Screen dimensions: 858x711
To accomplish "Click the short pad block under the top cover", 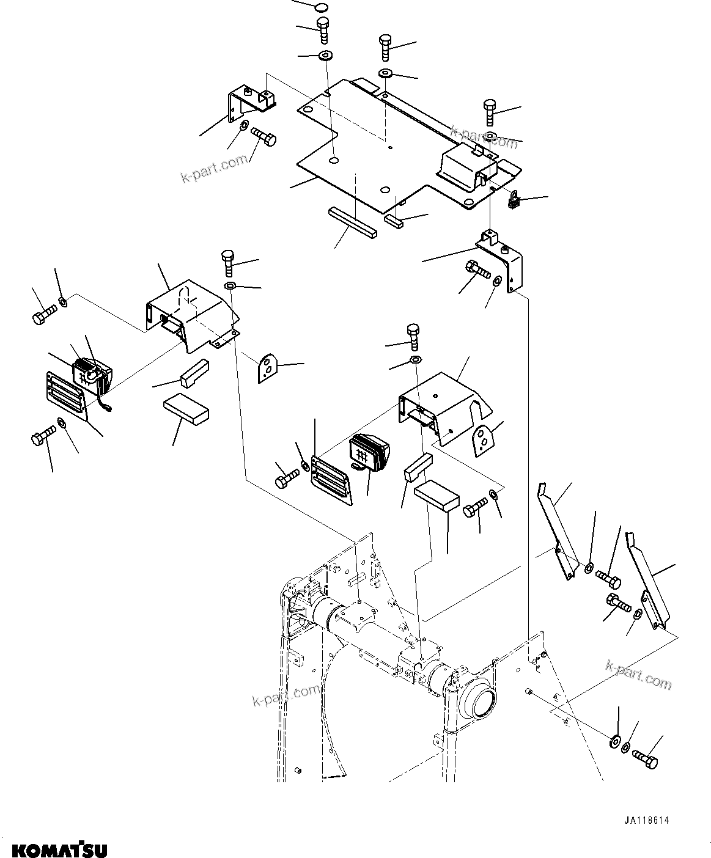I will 394,220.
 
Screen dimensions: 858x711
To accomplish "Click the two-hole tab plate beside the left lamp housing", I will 267,369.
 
